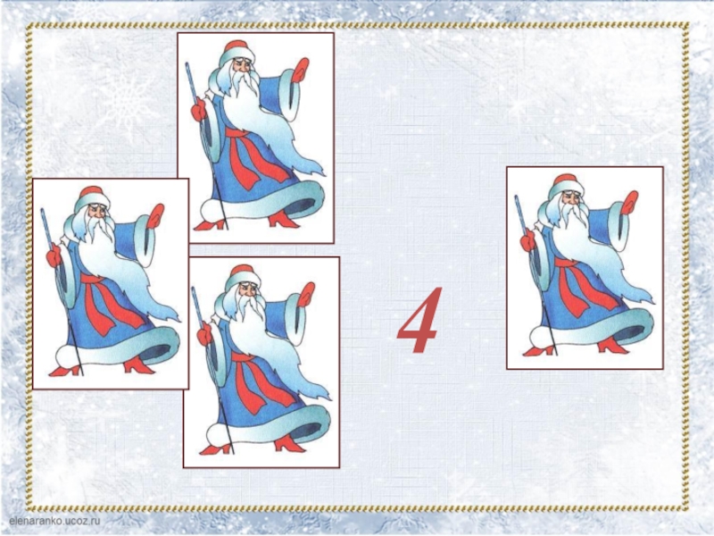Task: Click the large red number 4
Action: pos(419,321)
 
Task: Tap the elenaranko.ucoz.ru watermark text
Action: pos(54,521)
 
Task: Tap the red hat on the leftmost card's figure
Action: pos(90,193)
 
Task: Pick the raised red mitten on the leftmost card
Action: pos(154,215)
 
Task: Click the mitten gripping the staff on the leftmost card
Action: pos(54,255)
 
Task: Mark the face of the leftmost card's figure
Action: pos(97,213)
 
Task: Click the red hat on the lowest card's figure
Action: pos(240,272)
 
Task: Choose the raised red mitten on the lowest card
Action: pos(306,294)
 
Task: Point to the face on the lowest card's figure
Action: pos(249,291)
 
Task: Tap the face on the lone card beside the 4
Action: pos(572,200)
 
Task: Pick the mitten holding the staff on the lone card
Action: pos(528,240)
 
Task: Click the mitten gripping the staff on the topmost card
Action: pos(199,110)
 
